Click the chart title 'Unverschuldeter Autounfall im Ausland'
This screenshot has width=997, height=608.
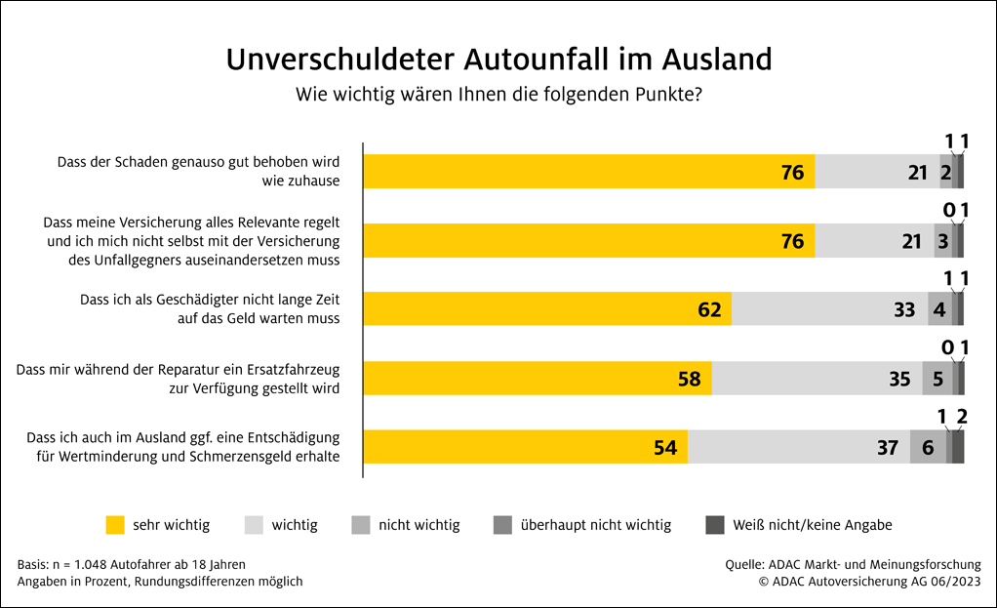[x=498, y=60]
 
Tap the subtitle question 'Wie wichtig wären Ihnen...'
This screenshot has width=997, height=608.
[x=498, y=96]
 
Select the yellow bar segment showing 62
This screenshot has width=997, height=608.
[x=547, y=309]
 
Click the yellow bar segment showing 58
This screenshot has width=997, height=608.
[x=538, y=378]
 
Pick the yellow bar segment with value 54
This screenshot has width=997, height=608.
[x=526, y=447]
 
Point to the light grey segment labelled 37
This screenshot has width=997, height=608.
[x=799, y=447]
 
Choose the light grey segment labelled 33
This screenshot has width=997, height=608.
[x=829, y=309]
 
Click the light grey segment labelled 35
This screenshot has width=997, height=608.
[x=817, y=378]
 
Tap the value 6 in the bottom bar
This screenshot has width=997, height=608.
[x=928, y=447]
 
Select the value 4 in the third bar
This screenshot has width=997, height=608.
[x=939, y=309]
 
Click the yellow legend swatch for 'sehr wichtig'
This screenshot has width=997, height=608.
[x=115, y=525]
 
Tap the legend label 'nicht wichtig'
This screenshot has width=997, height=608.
[x=419, y=525]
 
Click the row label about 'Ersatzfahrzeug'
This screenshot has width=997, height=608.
[x=179, y=379]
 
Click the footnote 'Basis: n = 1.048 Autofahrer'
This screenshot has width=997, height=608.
[x=132, y=564]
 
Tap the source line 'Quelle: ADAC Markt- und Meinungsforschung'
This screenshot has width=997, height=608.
[x=853, y=564]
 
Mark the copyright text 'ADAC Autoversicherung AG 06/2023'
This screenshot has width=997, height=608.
[x=870, y=581]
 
